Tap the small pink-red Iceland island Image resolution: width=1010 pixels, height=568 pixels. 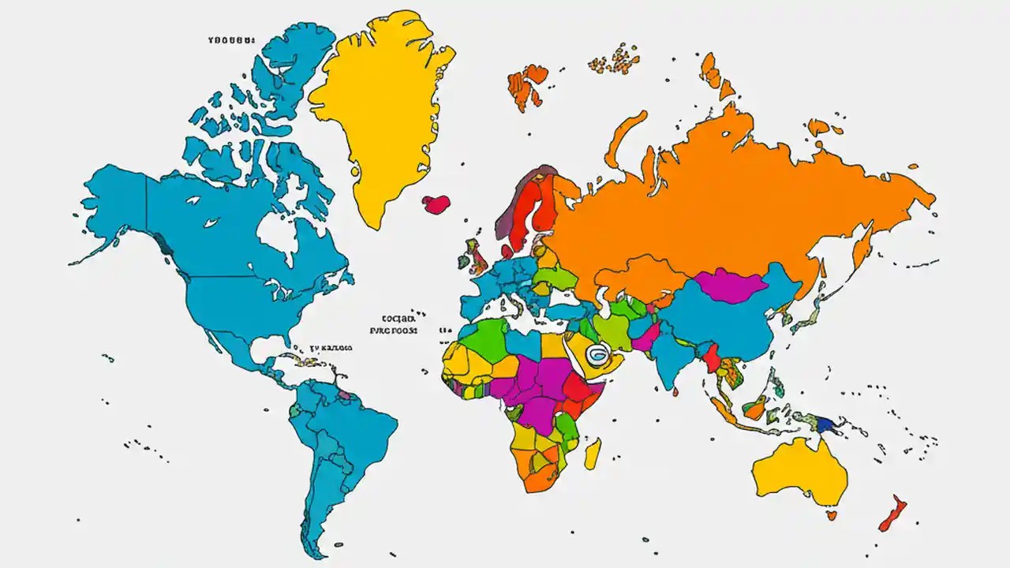coord(435,204)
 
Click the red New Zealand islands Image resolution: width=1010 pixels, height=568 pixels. coord(892,514)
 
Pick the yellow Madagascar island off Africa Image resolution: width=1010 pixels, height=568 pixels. coord(593,454)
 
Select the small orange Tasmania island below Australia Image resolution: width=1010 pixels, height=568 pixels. coord(831,515)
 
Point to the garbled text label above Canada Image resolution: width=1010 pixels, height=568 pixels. coord(231,39)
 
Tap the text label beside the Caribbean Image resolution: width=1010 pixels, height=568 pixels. coord(331,347)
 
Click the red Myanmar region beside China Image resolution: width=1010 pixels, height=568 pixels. coord(711,359)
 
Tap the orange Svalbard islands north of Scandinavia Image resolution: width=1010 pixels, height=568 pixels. coord(527,83)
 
